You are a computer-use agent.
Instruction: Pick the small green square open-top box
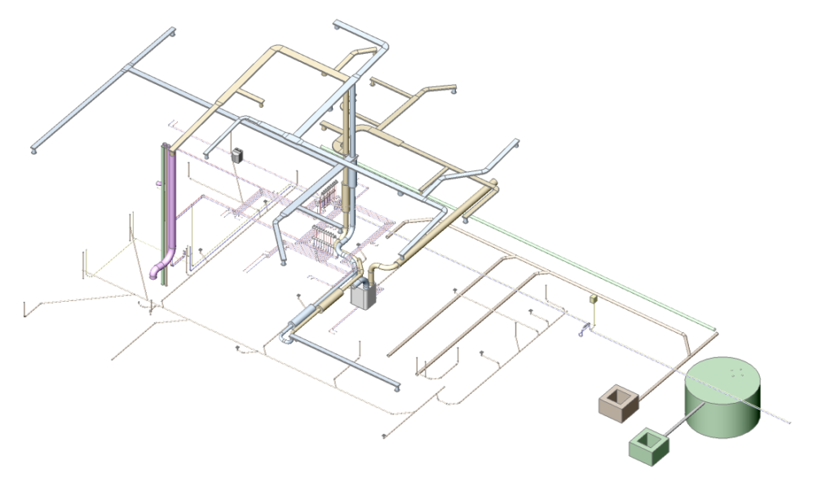coord(649,445)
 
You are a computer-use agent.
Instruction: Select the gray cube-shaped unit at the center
coord(363,294)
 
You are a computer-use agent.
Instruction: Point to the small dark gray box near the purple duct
coord(238,156)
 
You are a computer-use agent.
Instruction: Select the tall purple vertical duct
coord(171,204)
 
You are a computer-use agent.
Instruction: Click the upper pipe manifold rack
coord(328,194)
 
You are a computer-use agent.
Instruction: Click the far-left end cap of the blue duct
coord(34,149)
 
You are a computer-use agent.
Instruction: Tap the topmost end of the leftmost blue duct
coord(172,33)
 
